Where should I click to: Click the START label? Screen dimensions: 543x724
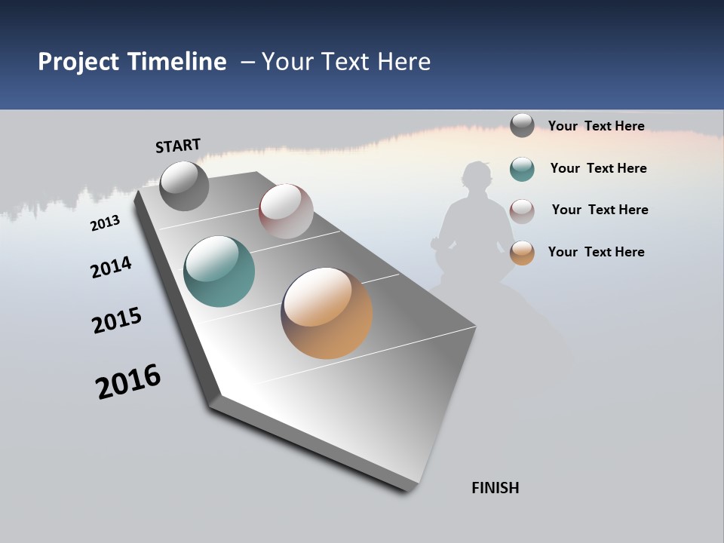click(x=178, y=146)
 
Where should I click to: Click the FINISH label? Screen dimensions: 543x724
click(x=495, y=488)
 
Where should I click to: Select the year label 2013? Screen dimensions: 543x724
click(x=105, y=222)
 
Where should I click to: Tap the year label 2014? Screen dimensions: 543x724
click(x=111, y=267)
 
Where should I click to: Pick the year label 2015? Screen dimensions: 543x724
click(x=117, y=321)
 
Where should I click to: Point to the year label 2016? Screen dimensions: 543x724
click(x=128, y=382)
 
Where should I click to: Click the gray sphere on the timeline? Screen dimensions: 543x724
click(x=184, y=186)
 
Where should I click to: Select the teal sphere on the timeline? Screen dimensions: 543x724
click(x=219, y=271)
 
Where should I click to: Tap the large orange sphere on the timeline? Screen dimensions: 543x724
click(x=327, y=312)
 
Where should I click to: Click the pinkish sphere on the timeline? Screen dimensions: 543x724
click(x=286, y=211)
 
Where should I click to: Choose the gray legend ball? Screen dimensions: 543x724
click(x=522, y=125)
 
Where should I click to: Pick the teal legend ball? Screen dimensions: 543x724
click(x=522, y=169)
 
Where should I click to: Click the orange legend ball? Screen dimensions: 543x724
click(x=522, y=253)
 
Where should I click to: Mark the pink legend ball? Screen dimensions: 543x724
click(x=522, y=211)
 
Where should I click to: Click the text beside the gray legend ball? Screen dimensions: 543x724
click(x=596, y=126)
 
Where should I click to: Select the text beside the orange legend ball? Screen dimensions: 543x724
click(x=596, y=252)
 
